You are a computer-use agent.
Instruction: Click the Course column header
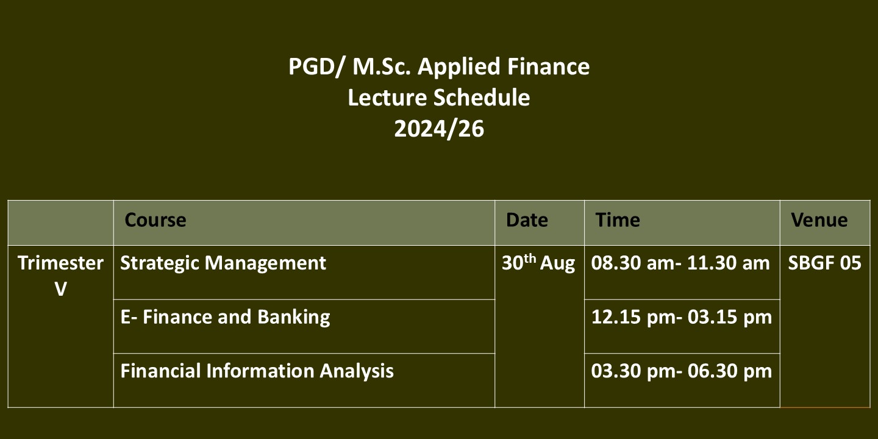click(155, 220)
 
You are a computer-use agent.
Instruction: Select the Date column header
click(527, 220)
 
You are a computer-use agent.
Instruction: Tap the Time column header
click(617, 220)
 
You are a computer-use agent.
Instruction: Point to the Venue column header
click(819, 220)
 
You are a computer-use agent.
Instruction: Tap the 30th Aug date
click(538, 263)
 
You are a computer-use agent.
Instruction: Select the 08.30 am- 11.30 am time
click(680, 263)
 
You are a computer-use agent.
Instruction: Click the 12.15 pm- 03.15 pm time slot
click(682, 317)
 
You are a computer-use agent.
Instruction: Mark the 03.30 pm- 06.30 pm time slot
click(682, 371)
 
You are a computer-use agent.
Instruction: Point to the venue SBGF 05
click(825, 263)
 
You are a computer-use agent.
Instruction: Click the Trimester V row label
click(61, 276)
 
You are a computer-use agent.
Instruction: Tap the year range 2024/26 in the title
click(439, 129)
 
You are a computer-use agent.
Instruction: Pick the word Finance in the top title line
click(548, 66)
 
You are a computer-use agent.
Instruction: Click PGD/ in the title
click(316, 66)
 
